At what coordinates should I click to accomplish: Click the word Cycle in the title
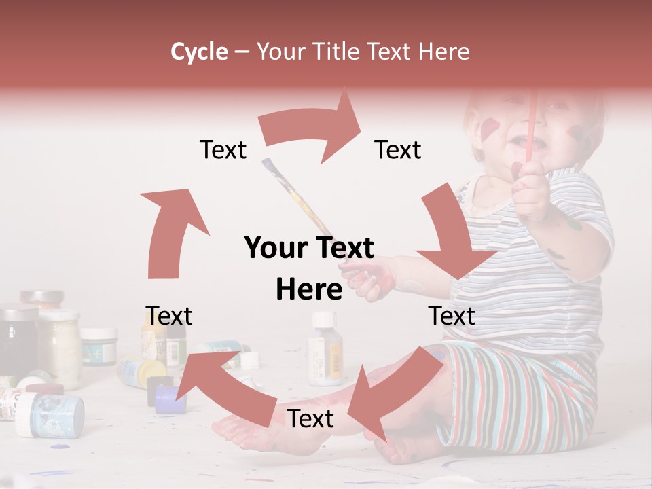pyautogui.click(x=199, y=52)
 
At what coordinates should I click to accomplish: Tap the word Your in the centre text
pyautogui.click(x=275, y=248)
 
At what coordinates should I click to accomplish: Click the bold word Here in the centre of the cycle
pyautogui.click(x=309, y=290)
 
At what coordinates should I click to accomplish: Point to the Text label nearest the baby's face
pyautogui.click(x=398, y=149)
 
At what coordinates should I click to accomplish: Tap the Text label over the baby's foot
pyautogui.click(x=310, y=418)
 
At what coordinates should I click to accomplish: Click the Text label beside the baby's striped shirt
pyautogui.click(x=452, y=316)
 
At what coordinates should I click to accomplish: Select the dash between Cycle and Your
pyautogui.click(x=242, y=52)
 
